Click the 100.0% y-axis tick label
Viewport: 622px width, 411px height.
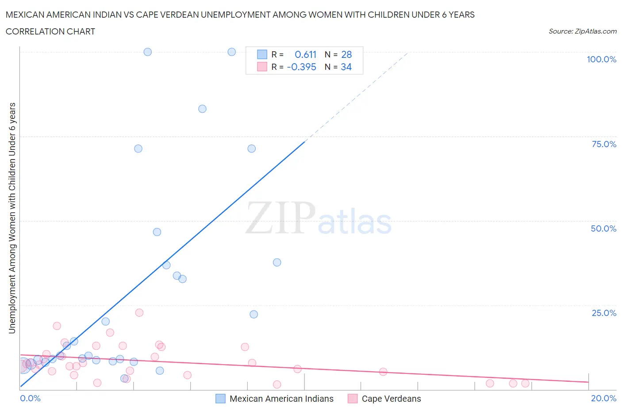pyautogui.click(x=601, y=60)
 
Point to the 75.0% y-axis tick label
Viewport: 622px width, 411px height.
pyautogui.click(x=604, y=144)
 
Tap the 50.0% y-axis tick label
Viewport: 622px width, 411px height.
pyautogui.click(x=603, y=228)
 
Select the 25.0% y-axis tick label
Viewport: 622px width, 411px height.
pyautogui.click(x=604, y=313)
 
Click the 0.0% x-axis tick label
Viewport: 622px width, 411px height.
pyautogui.click(x=30, y=398)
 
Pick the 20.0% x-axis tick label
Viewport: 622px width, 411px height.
pyautogui.click(x=603, y=398)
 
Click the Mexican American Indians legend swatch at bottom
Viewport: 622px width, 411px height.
pyautogui.click(x=220, y=399)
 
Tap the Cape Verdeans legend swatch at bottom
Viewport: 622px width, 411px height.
pyautogui.click(x=353, y=399)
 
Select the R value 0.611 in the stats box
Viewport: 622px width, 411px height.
pyautogui.click(x=305, y=54)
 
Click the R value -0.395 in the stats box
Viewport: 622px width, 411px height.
pyautogui.click(x=301, y=67)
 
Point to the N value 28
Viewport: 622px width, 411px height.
pyautogui.click(x=346, y=54)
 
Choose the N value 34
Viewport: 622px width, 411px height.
pyautogui.click(x=346, y=67)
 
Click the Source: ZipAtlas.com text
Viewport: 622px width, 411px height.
pyautogui.click(x=582, y=31)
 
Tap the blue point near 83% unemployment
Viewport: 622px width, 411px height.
pyautogui.click(x=202, y=109)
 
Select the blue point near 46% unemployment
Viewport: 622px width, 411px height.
pyautogui.click(x=157, y=232)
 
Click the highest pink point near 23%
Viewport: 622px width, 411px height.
pyautogui.click(x=139, y=312)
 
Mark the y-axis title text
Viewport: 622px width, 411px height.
pyautogui.click(x=12, y=218)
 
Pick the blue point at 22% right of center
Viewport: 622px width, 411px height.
pyautogui.click(x=254, y=314)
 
